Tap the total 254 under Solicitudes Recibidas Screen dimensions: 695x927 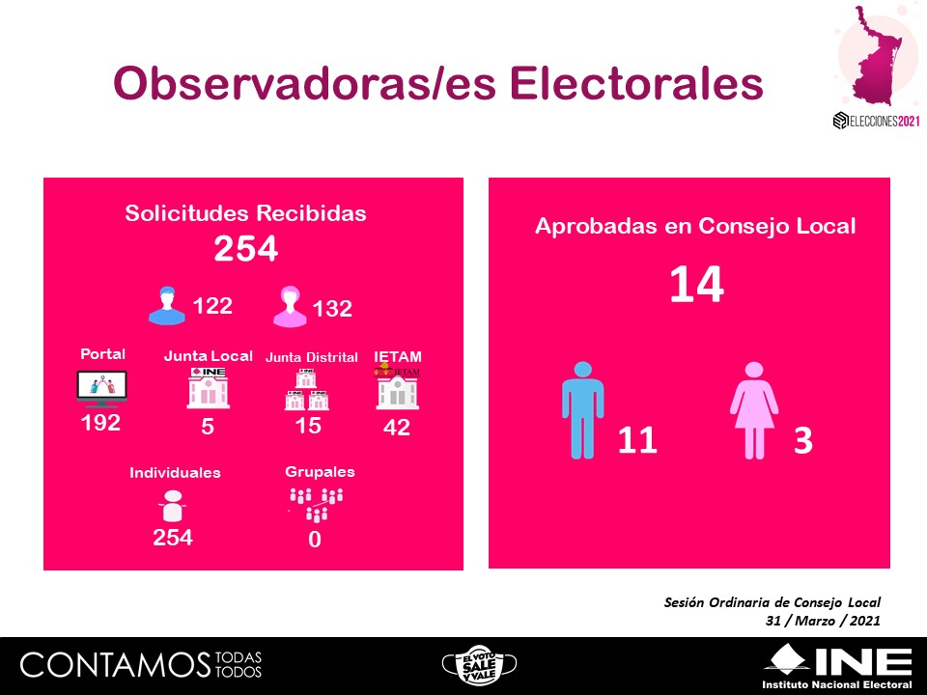tap(245, 249)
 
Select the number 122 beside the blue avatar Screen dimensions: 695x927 tap(212, 306)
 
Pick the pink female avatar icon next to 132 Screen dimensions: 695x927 tap(289, 307)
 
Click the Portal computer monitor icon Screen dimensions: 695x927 tap(101, 388)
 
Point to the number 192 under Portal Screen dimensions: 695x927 tap(100, 423)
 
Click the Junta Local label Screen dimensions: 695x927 tap(208, 355)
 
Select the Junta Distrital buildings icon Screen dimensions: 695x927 tap(306, 391)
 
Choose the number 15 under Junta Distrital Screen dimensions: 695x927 tap(308, 426)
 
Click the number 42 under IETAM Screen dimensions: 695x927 tap(397, 428)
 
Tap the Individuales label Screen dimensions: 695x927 tap(175, 473)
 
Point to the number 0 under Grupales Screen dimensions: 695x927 tap(314, 541)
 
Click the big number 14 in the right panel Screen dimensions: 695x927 tap(696, 286)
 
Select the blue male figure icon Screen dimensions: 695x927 tap(582, 410)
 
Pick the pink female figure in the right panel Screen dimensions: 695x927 tap(754, 410)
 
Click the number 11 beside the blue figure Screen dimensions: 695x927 tap(637, 440)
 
